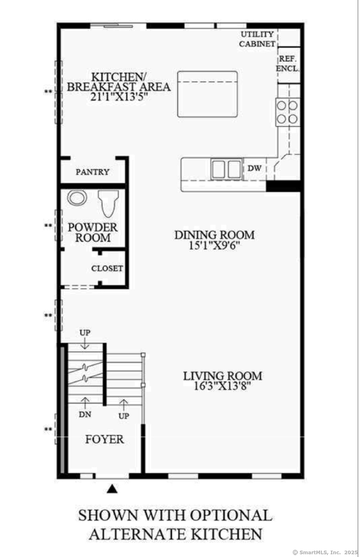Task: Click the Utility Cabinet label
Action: (257, 39)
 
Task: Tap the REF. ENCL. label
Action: (288, 64)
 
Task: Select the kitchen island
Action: (207, 94)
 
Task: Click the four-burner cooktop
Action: (288, 112)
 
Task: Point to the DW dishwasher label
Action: (254, 168)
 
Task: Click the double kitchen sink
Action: (227, 169)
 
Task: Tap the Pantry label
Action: (93, 172)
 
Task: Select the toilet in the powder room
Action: (108, 204)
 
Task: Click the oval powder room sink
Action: (77, 198)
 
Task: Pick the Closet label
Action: (107, 268)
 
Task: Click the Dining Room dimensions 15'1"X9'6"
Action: (214, 246)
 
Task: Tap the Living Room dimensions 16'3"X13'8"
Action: (222, 386)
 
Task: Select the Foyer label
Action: (105, 439)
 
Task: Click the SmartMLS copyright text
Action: (325, 553)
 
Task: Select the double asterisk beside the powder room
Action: (48, 226)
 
